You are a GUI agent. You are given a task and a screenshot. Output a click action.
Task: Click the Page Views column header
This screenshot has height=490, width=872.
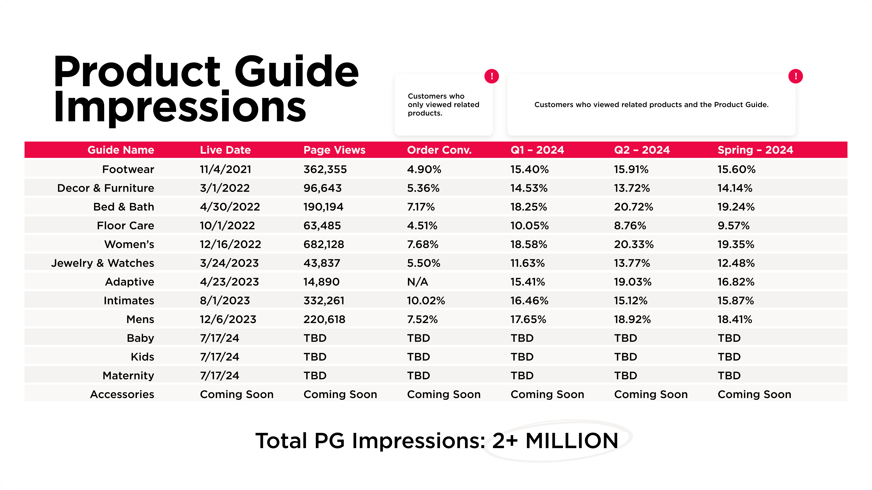tap(334, 150)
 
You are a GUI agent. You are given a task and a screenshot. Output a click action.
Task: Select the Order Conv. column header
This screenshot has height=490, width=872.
tap(439, 150)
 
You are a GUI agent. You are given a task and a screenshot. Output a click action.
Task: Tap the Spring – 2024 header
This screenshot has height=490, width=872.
tap(755, 150)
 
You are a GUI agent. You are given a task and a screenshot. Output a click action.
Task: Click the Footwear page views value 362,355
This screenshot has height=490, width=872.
tap(325, 169)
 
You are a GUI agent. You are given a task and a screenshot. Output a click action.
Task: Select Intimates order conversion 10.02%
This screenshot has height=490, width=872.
tap(426, 300)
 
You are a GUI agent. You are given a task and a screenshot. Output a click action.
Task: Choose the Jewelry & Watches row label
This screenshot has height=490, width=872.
tap(103, 263)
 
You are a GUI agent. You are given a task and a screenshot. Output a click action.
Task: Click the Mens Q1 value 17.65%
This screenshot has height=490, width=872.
tap(528, 319)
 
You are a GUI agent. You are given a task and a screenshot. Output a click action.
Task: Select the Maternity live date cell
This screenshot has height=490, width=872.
tap(219, 375)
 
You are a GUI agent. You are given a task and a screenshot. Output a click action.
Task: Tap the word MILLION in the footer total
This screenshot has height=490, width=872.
tap(572, 441)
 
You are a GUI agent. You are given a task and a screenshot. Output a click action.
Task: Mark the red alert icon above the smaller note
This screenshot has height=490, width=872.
tap(492, 76)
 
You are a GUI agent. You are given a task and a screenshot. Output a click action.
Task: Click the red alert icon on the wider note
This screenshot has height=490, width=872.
tap(796, 76)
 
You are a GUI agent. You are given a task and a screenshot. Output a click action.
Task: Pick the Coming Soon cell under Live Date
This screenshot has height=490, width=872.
tap(237, 394)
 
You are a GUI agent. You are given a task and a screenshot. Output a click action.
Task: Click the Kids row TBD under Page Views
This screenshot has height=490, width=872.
tap(315, 357)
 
